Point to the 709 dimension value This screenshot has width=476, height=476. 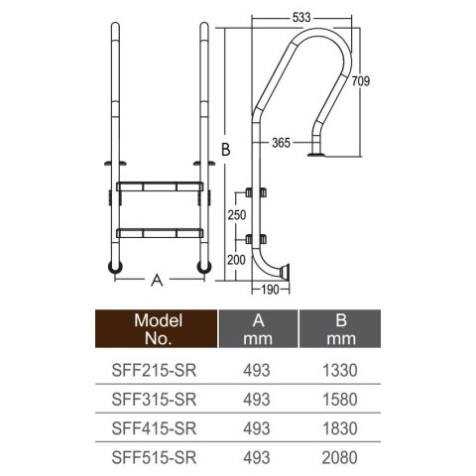point(362,82)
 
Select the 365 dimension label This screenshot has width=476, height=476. point(282,143)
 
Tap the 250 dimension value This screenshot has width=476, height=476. point(236,215)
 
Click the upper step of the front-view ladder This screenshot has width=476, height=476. point(159,186)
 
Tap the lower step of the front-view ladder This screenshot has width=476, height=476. point(159,232)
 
